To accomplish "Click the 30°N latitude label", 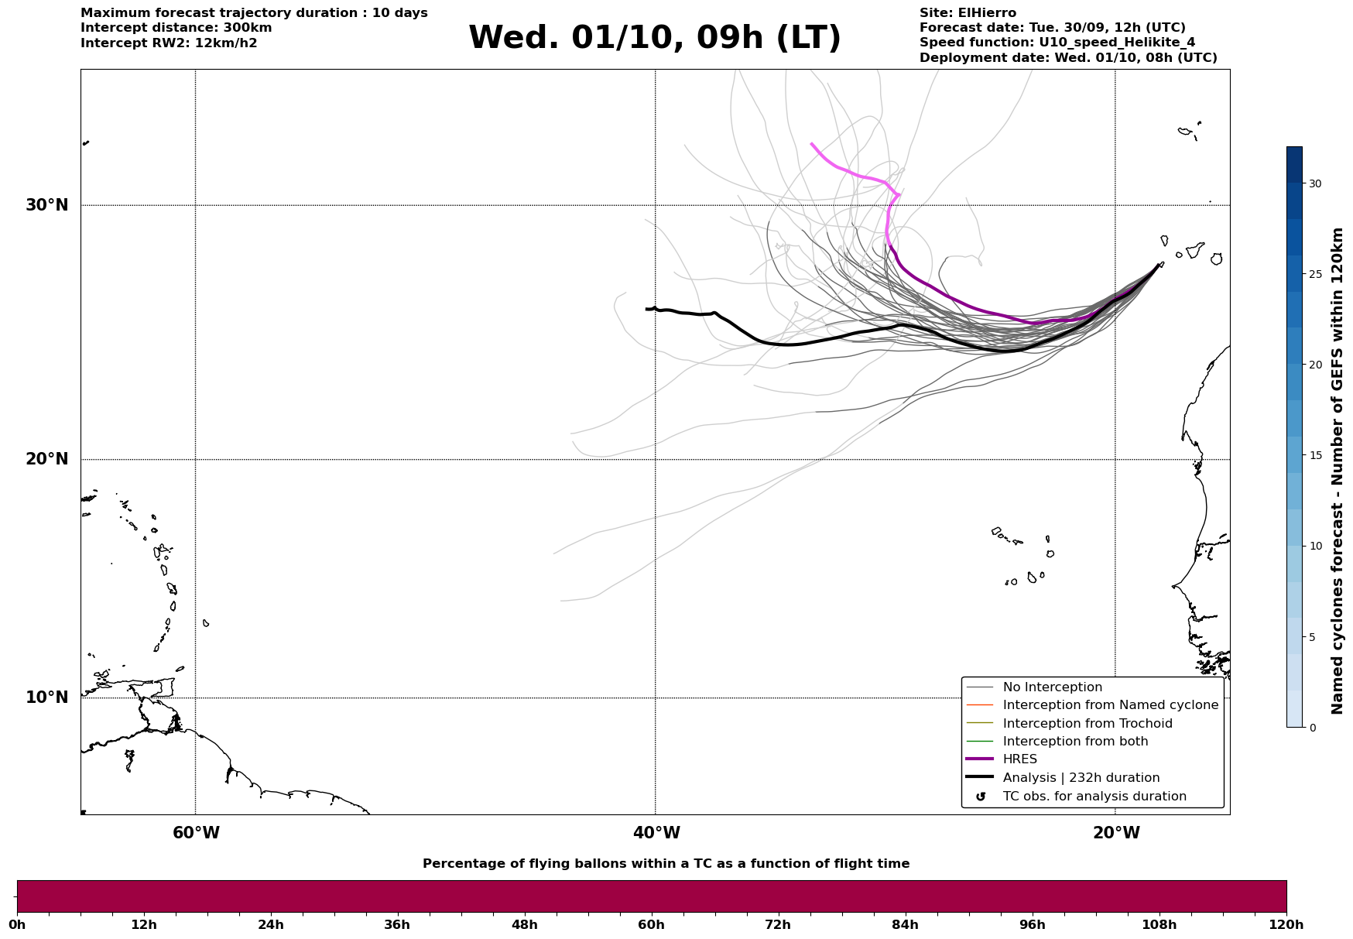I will click(46, 205).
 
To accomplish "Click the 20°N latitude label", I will click(46, 459).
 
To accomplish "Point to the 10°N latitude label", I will click(46, 697).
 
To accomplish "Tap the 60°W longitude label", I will click(196, 833).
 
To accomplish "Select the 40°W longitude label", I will click(656, 833).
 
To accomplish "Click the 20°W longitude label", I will click(1115, 833).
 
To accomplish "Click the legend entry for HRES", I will click(1019, 759).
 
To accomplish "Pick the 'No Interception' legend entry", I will click(1052, 687).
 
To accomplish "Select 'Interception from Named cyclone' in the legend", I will click(1110, 705).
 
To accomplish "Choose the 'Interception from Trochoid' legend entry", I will click(1087, 724).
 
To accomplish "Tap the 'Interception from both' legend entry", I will click(1075, 742).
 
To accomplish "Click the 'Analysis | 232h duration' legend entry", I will click(1081, 778).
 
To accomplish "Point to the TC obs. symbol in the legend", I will click(981, 797).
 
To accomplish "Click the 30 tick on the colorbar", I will click(1315, 183).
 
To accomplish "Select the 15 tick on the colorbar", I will click(1315, 455).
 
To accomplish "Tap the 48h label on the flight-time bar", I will click(524, 925).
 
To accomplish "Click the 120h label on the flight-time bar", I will click(1286, 925).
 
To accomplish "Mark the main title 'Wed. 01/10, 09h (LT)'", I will click(654, 38).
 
